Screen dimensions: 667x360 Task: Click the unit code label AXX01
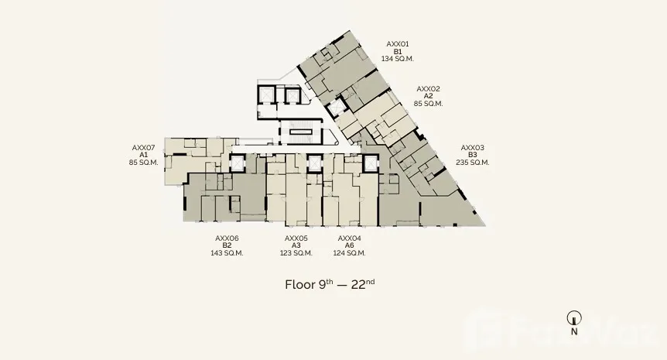click(397, 44)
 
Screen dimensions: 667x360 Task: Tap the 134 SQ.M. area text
click(397, 59)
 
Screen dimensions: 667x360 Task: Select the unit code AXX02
click(428, 89)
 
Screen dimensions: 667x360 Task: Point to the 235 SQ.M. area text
click(472, 163)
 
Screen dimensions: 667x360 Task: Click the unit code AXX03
click(472, 148)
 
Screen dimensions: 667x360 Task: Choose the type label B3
click(472, 155)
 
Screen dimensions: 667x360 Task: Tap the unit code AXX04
click(349, 238)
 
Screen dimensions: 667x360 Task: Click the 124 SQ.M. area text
click(349, 253)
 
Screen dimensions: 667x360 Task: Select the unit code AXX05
click(296, 238)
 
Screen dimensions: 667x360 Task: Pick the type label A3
click(296, 245)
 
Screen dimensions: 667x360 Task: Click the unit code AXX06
click(227, 238)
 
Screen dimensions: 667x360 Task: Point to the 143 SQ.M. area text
click(227, 253)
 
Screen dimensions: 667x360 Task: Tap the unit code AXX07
click(143, 148)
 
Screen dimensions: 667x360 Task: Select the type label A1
click(143, 155)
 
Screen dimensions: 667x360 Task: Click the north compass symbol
click(574, 318)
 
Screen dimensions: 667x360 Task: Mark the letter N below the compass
click(574, 331)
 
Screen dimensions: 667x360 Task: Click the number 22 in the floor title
click(358, 285)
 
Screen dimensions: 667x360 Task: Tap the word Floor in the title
click(300, 285)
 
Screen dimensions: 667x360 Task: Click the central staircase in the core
click(301, 132)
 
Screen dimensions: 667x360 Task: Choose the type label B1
click(397, 52)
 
